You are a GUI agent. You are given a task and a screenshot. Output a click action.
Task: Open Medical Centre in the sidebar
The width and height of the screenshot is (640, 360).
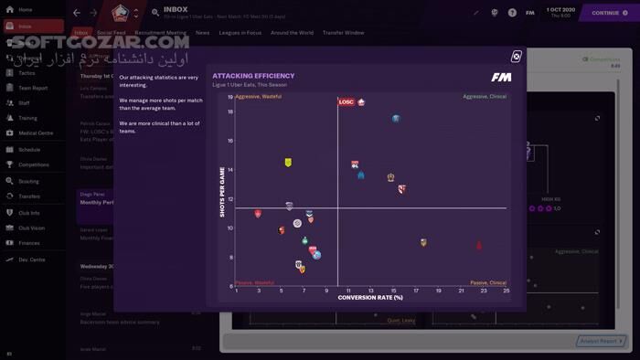35,133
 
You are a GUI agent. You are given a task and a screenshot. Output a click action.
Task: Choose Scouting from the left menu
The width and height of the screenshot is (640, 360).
28,181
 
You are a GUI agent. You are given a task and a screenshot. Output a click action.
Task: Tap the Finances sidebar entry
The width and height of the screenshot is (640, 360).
29,243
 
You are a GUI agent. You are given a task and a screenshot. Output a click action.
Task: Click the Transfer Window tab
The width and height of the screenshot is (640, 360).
343,32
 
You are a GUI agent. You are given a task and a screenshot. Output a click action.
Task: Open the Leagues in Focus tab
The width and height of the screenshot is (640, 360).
240,32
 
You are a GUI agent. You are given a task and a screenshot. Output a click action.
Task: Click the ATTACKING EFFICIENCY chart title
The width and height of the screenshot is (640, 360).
253,76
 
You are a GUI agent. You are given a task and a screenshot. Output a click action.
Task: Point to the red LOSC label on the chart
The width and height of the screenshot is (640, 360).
347,102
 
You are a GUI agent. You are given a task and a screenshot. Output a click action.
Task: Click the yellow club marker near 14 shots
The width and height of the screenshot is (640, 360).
288,163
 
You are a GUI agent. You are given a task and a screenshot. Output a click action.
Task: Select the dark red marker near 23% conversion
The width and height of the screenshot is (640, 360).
479,246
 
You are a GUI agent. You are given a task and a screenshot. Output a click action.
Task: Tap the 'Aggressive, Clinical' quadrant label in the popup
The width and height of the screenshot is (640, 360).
485,96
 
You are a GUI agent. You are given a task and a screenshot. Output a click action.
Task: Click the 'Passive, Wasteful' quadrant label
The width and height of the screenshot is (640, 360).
254,282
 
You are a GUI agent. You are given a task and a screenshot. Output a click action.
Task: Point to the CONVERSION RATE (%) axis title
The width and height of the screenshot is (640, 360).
370,297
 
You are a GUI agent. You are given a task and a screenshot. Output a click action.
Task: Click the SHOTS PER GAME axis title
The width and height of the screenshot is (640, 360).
221,192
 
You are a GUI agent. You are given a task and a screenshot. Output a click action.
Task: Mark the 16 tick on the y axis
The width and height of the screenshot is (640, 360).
230,141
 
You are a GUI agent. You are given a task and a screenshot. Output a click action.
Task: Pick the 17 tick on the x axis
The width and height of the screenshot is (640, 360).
415,291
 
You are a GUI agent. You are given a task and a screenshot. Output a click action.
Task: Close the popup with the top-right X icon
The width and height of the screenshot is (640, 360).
516,57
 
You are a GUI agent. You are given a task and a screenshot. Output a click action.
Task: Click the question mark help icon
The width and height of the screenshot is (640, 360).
512,13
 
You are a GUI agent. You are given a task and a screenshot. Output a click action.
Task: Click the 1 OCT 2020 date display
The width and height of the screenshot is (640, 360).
560,10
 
